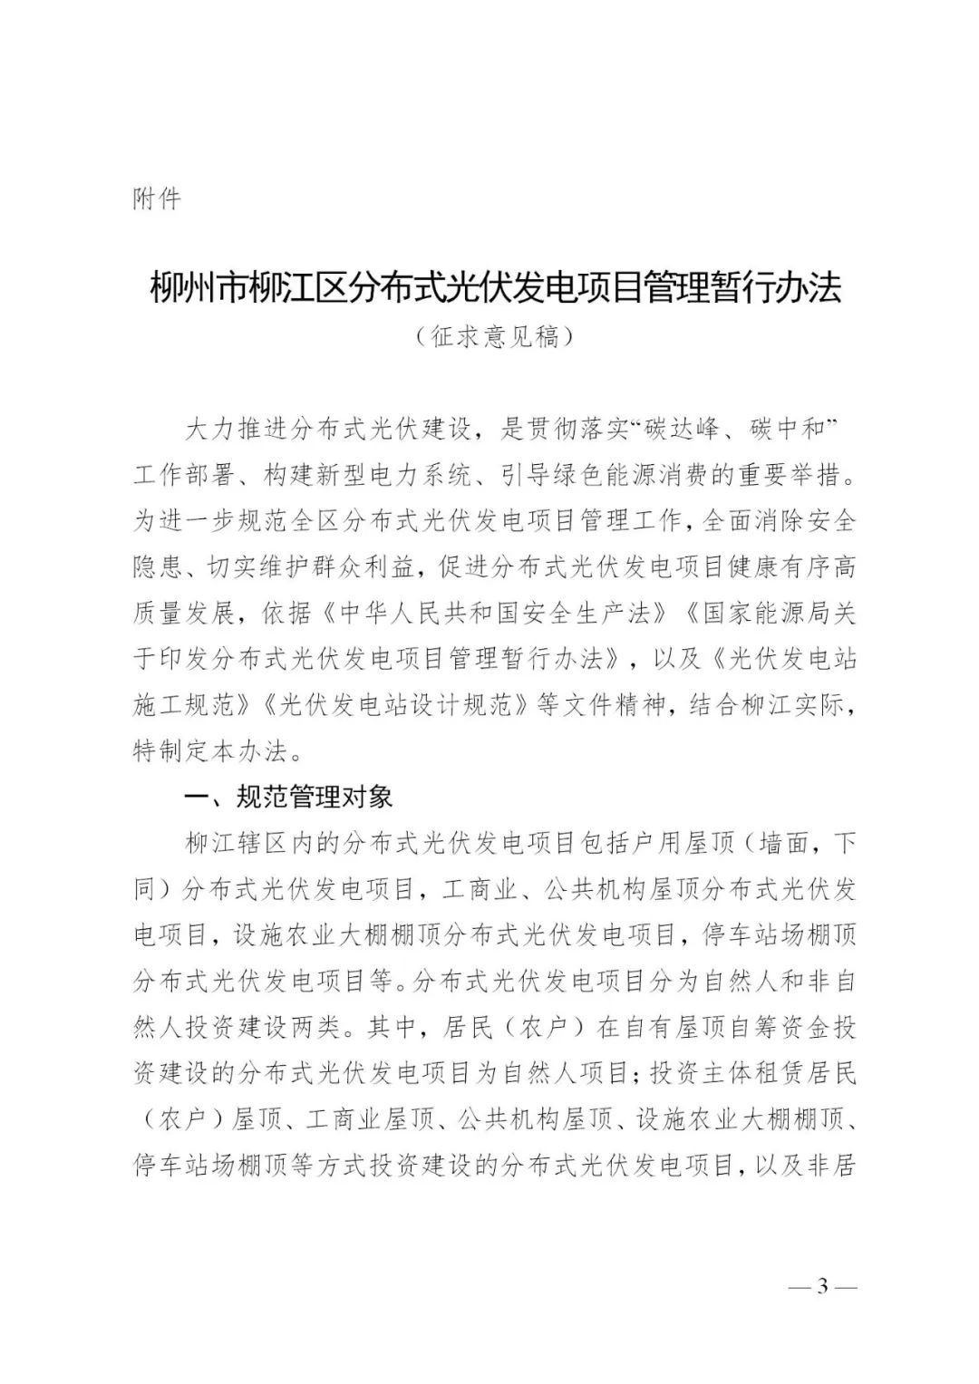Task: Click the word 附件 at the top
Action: [157, 198]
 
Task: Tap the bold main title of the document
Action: [495, 288]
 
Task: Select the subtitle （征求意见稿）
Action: [495, 337]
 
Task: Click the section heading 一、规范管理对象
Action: [288, 797]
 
